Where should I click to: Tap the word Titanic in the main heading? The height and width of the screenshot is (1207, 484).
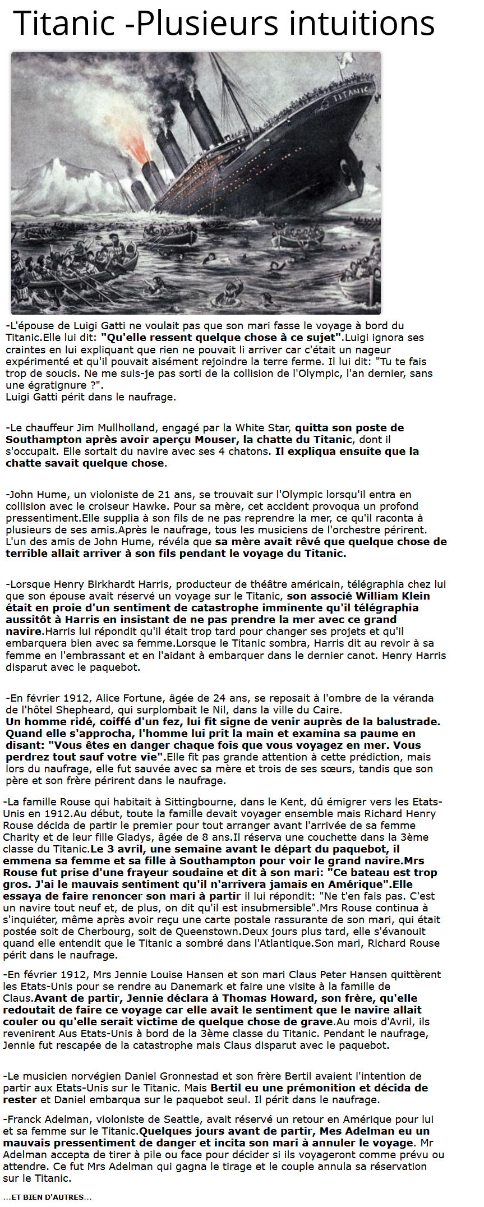[64, 24]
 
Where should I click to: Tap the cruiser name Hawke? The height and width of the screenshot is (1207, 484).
[151, 506]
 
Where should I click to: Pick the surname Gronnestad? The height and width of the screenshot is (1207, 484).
[162, 1076]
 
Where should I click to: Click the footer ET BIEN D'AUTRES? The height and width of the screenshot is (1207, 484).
[47, 1197]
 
